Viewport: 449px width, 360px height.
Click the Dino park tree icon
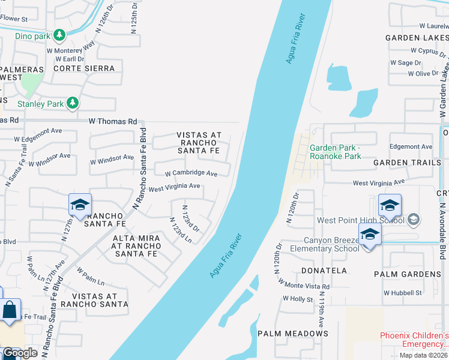tap(59, 35)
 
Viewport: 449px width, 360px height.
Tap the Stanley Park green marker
tap(73, 104)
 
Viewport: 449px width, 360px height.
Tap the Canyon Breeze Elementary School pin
tap(370, 235)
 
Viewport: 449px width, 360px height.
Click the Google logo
tap(19, 353)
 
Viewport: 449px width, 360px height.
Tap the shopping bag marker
tap(10, 311)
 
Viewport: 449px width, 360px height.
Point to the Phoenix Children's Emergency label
tap(414, 340)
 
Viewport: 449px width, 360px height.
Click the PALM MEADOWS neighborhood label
tap(292, 333)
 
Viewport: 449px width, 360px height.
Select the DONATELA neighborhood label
tap(324, 271)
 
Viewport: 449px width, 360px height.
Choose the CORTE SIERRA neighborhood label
tap(84, 68)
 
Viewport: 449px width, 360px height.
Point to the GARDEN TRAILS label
tap(402, 163)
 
